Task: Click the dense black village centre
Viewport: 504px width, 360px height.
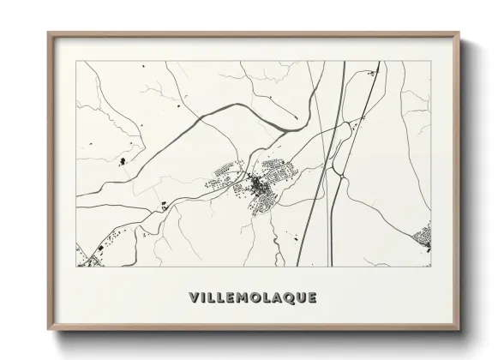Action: (257, 185)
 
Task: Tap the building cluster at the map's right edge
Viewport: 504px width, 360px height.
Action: (423, 236)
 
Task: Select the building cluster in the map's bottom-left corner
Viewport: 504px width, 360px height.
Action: (86, 255)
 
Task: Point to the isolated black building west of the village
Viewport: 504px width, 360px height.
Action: (121, 161)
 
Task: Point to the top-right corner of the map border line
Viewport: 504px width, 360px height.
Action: (431, 61)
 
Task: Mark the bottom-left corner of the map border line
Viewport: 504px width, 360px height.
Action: (76, 267)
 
